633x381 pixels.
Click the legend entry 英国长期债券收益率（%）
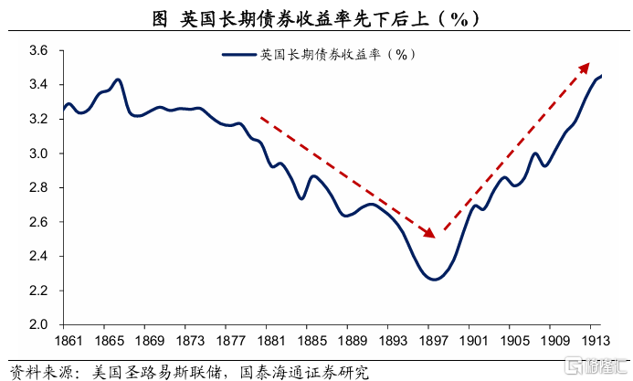click(338, 55)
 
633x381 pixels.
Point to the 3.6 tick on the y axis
click(37, 51)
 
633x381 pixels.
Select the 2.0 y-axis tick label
click(37, 324)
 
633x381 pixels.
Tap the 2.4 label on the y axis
click(37, 256)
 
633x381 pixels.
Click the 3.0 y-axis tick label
click(37, 153)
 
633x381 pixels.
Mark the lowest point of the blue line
click(433, 280)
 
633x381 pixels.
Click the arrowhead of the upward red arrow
click(588, 63)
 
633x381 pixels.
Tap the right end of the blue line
click(601, 76)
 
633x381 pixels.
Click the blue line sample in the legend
click(239, 55)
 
